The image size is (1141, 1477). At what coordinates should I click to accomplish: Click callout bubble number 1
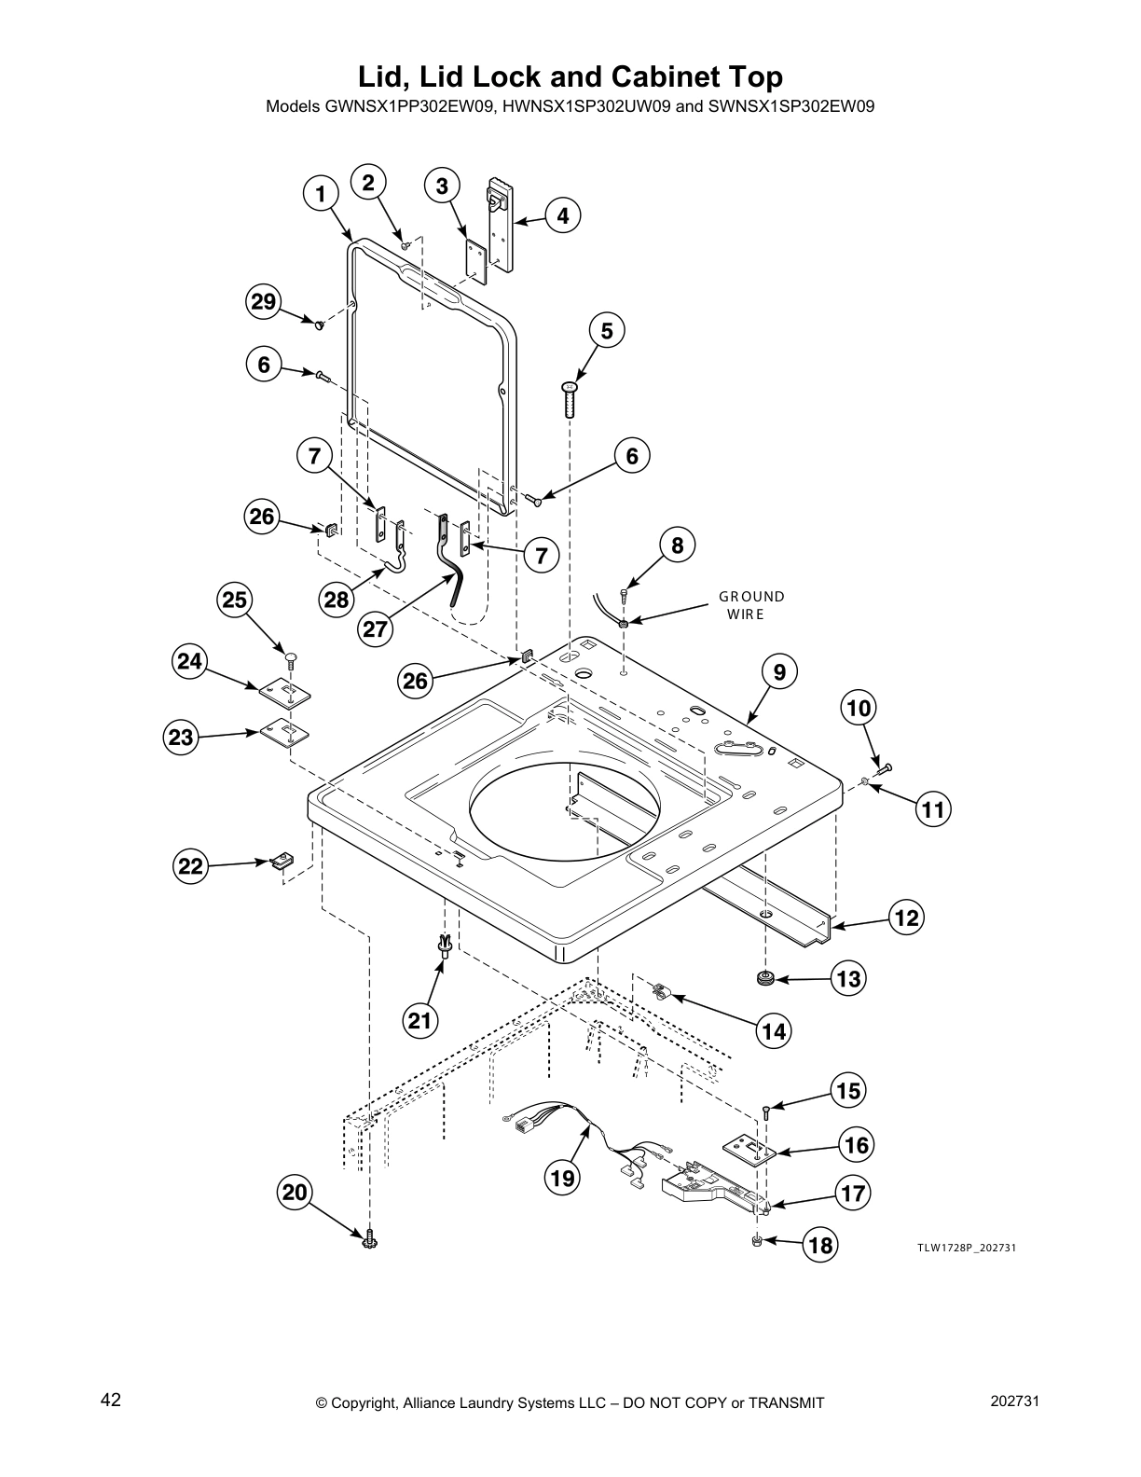coord(321,194)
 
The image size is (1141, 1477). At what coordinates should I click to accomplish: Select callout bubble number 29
coord(264,301)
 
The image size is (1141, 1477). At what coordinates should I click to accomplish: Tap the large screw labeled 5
coord(571,399)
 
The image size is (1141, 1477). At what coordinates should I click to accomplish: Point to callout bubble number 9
coord(779,672)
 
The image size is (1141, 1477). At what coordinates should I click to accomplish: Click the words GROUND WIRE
coord(750,604)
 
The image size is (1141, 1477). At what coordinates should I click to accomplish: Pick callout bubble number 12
coord(906,918)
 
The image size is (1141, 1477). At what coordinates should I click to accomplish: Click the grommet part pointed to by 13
coord(767,978)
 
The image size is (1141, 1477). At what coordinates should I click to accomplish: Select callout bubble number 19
coord(562,1178)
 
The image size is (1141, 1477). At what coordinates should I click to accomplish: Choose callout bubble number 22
coord(190,866)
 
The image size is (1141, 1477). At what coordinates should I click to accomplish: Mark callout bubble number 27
coord(375,628)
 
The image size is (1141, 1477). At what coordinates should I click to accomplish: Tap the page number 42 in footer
coord(111,1401)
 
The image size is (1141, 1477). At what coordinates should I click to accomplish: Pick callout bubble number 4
coord(562,216)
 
